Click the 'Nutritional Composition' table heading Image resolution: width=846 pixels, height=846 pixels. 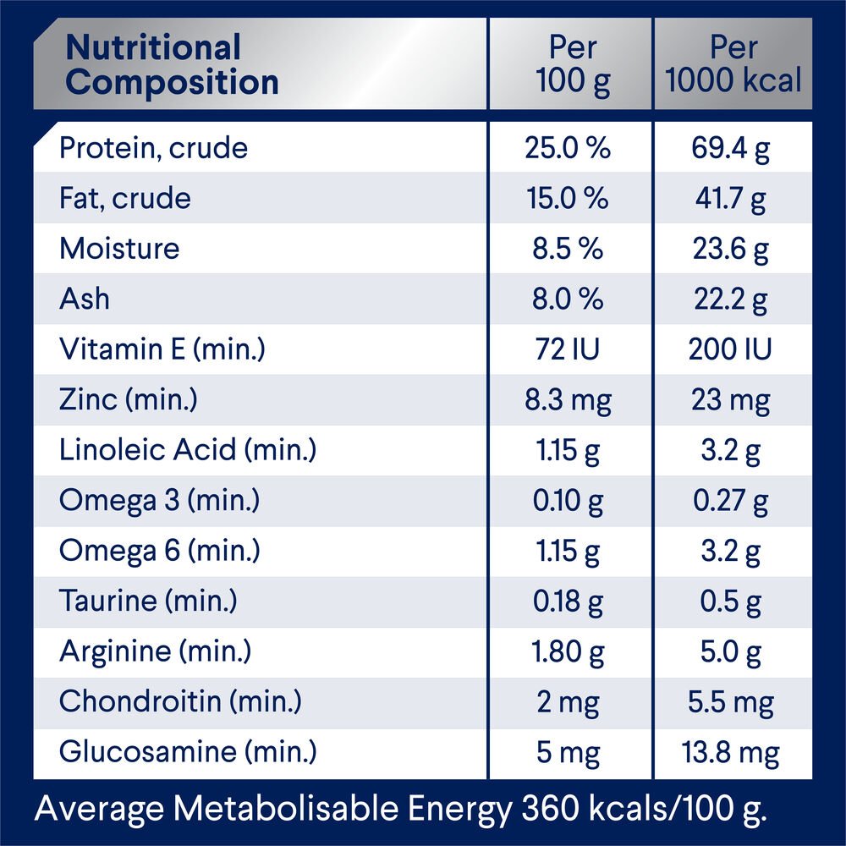pos(173,65)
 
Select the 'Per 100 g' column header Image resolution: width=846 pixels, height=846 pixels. pos(573,65)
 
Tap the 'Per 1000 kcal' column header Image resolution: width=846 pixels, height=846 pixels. pos(733,65)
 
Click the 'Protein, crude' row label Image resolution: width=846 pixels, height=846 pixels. pos(153,148)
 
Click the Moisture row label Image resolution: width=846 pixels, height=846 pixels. pos(119,249)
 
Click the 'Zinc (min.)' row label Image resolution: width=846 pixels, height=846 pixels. pos(128,400)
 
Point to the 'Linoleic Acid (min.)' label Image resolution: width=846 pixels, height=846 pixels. pos(187,450)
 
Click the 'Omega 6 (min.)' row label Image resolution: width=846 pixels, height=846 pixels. pos(160,551)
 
